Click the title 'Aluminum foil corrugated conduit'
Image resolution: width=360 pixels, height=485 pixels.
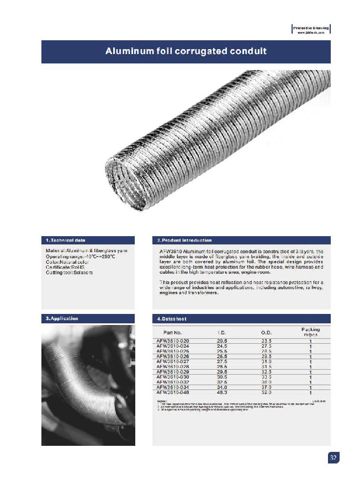186,51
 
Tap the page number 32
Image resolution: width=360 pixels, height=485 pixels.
333,458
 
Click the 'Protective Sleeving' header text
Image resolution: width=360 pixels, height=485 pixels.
311,27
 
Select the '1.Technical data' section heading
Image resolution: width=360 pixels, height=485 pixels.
66,241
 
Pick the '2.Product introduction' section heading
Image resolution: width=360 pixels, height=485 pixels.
184,241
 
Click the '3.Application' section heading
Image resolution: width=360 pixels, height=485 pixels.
62,318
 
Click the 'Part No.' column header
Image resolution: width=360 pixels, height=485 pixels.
173,332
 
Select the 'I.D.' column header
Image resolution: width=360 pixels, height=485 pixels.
222,332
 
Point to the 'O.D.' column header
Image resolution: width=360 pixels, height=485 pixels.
266,332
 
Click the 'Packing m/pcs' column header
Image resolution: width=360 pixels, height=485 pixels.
310,332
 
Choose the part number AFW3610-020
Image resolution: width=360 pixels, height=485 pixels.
173,342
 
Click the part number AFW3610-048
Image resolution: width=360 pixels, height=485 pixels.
173,392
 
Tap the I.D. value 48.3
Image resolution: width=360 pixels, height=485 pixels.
222,392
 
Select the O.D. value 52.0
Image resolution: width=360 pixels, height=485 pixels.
266,392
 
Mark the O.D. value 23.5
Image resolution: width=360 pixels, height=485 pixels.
266,342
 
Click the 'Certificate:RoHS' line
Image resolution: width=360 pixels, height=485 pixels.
66,267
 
